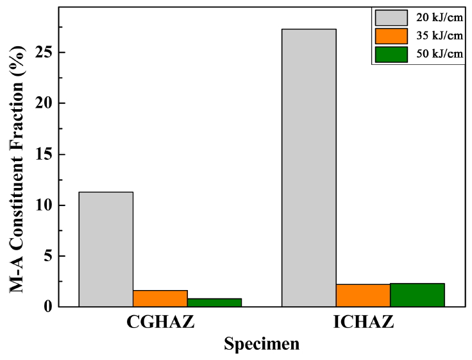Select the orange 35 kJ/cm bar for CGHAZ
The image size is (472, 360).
pos(160,299)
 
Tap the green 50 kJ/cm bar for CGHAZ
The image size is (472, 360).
pos(214,302)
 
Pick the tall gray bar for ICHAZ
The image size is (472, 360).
pos(308,167)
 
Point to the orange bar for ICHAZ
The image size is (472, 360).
pos(363,295)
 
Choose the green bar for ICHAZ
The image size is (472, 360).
pos(417,295)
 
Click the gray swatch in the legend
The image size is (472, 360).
pos(391,17)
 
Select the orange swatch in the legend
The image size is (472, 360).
pos(391,36)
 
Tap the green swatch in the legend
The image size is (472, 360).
pos(391,55)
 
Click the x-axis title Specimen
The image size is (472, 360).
pos(262,345)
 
